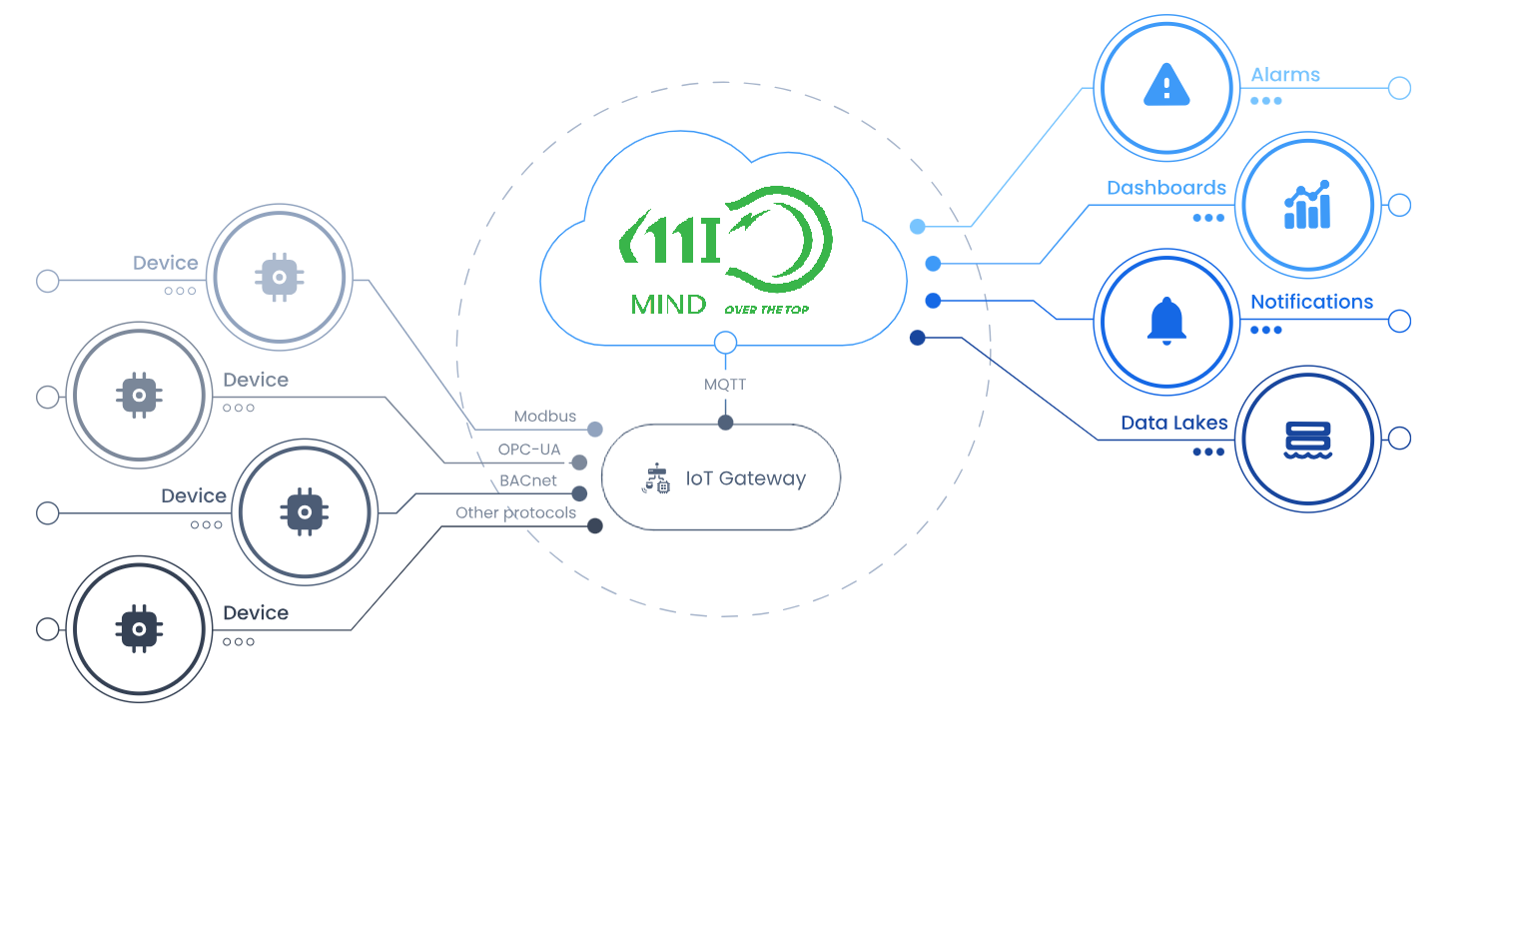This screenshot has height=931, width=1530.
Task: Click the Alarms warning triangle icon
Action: coord(1166,86)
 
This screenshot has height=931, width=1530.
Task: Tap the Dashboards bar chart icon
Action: coord(1307,206)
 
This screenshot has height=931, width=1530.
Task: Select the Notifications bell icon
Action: coord(1166,322)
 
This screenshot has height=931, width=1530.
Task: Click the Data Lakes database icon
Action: coord(1307,440)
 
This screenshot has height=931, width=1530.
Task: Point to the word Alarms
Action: coord(1285,75)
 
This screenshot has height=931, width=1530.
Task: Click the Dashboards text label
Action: coord(1166,188)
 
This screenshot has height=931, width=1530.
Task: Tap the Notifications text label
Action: coord(1311,302)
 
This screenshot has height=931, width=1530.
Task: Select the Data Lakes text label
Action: coord(1174,423)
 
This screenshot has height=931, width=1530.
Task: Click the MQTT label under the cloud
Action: coord(725,385)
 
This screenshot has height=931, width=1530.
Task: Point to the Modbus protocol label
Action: coord(544,417)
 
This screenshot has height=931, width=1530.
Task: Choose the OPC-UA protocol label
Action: coord(529,450)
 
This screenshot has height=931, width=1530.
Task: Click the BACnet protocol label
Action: coord(528,480)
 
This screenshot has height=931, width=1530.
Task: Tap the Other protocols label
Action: coord(515,512)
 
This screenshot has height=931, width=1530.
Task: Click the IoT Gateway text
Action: coord(745,478)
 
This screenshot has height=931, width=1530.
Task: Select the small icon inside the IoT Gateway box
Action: coord(656,478)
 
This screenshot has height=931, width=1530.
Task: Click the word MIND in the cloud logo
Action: coord(668,305)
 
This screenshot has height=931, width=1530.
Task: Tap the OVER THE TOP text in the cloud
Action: coord(767,310)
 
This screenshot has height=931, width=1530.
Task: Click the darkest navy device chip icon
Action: coord(139,629)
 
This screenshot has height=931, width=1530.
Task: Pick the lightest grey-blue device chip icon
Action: coord(280,277)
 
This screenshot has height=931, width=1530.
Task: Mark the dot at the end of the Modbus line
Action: coord(595,430)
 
